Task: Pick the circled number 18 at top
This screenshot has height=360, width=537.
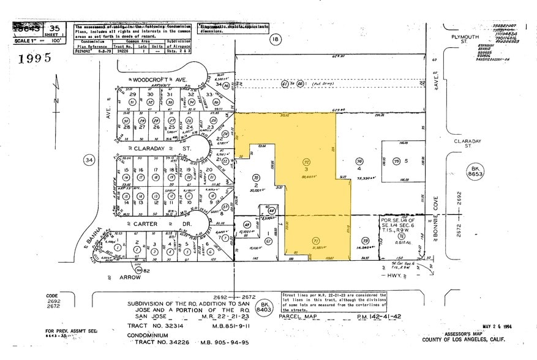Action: pos(276,39)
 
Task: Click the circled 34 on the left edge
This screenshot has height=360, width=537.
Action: pos(89,160)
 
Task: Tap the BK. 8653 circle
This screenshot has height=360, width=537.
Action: pos(475,171)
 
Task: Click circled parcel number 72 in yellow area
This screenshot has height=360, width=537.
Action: pos(307,161)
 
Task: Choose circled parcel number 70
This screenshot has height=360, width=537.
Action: pos(256,178)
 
